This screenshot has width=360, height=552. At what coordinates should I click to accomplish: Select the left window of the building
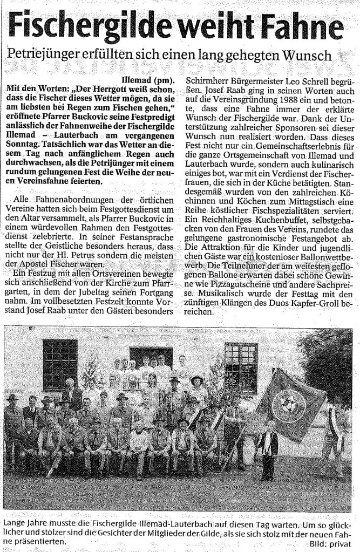pos(60,365)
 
